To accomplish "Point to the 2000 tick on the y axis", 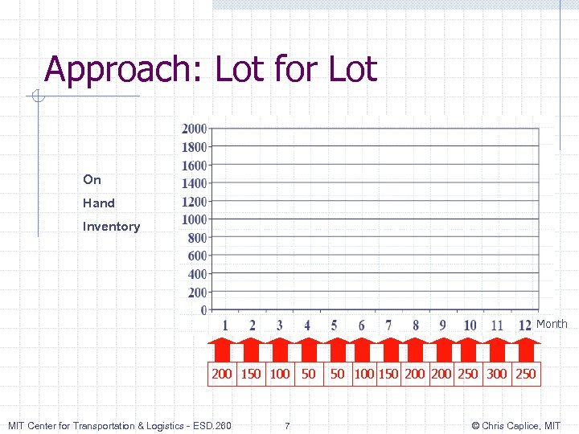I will click(194, 129).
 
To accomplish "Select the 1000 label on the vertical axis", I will click(194, 219).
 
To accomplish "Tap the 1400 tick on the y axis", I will click(194, 183).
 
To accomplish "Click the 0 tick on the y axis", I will click(203, 310).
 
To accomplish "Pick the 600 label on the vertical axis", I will click(197, 256).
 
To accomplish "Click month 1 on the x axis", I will click(225, 325).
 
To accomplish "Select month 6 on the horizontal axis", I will click(361, 325).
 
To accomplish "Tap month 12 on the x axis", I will click(524, 325).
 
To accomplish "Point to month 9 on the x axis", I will click(442, 325).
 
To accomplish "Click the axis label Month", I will click(552, 324).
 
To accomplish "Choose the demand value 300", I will click(497, 374).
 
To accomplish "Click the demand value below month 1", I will click(221, 374).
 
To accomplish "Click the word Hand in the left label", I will click(99, 203).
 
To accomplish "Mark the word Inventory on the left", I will click(111, 227).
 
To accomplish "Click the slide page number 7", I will click(288, 425).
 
